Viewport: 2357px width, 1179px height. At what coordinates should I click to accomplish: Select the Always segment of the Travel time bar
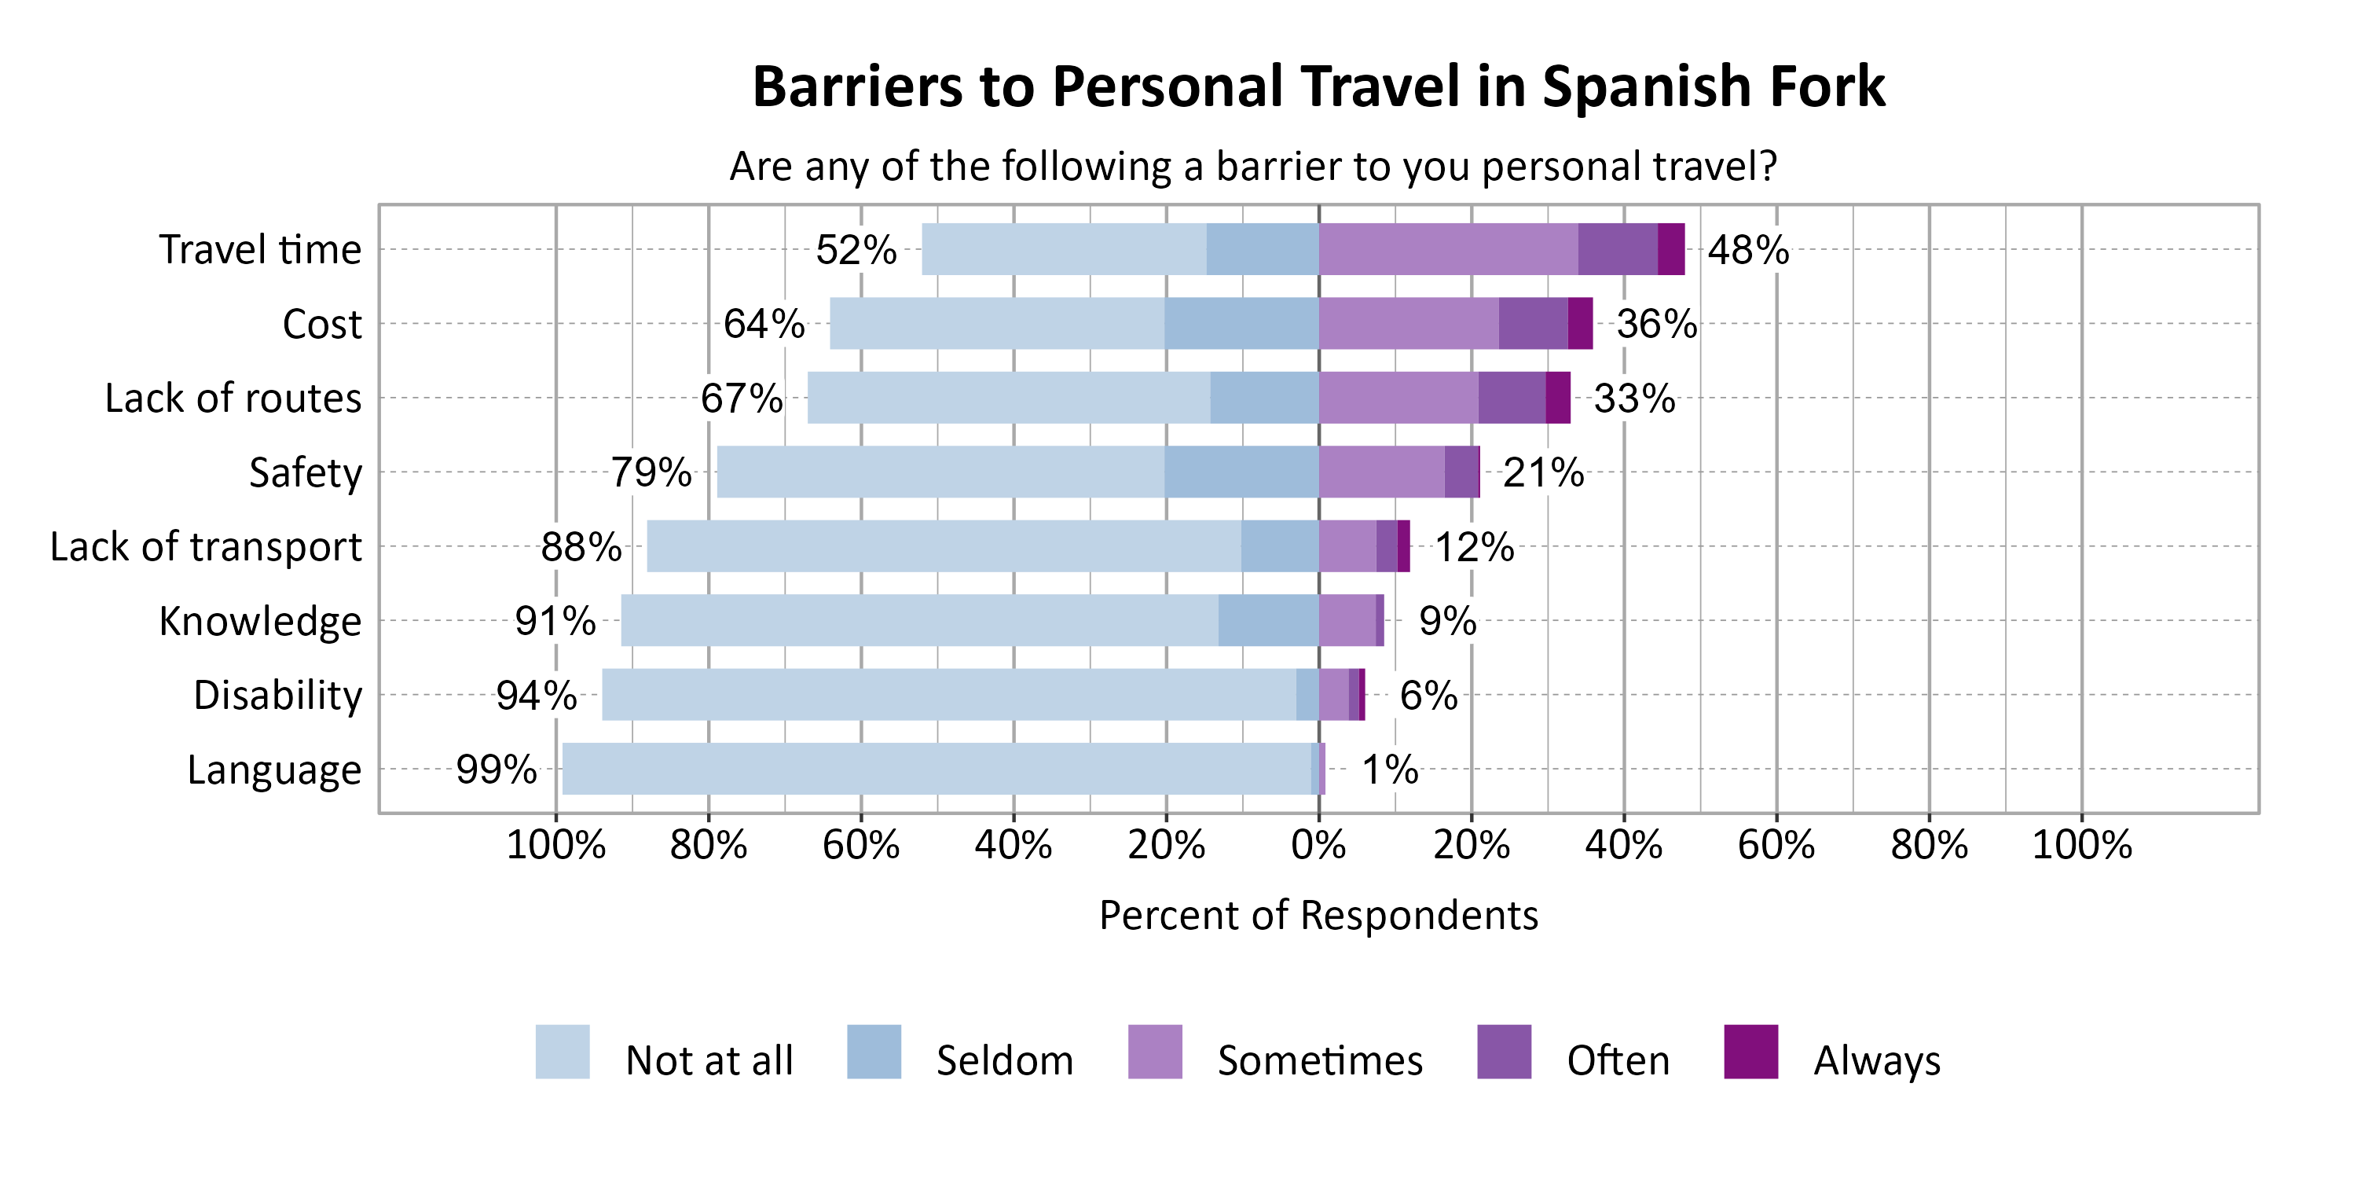1671,249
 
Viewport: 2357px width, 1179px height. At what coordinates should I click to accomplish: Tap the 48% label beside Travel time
1747,250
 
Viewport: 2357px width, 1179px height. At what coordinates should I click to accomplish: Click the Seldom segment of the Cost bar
1241,323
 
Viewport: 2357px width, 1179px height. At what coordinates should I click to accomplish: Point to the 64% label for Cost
764,324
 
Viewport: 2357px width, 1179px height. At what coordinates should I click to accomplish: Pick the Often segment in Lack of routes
1512,397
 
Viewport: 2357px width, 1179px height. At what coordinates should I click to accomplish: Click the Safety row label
306,472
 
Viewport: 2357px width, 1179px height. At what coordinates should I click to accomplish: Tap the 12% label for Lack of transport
1474,547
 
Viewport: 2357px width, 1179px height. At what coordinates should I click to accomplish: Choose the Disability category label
278,695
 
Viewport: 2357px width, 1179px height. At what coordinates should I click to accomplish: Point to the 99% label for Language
496,769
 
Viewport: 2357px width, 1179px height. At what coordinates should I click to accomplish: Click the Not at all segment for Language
936,768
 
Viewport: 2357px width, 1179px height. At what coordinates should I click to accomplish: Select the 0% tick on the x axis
1318,844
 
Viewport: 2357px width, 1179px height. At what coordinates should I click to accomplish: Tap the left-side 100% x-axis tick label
555,844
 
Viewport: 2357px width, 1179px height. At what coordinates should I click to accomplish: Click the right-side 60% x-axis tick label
1776,844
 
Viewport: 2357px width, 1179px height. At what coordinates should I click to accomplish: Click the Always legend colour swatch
1750,1052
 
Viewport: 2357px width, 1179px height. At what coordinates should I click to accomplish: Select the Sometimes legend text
1319,1061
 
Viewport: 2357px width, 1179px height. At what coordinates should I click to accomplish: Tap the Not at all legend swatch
563,1052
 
